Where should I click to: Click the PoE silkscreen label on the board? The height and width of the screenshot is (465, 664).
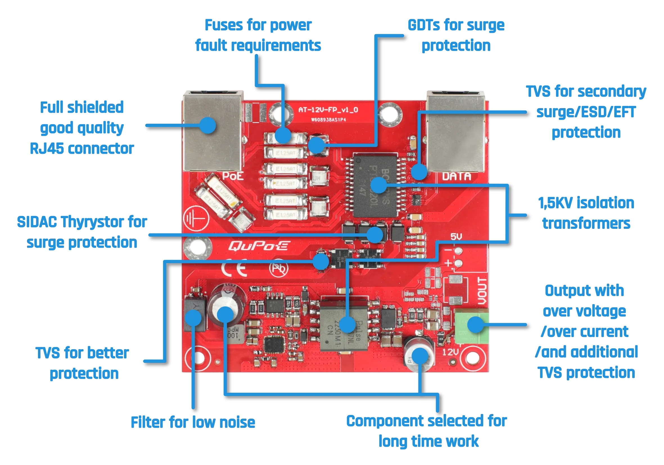coord(233,175)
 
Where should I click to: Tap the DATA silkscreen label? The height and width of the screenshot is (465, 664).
coord(456,176)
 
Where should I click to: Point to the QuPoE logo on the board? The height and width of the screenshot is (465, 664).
coord(258,246)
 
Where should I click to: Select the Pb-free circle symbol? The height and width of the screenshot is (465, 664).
coord(279,269)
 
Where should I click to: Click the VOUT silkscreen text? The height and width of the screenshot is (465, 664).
coord(482,291)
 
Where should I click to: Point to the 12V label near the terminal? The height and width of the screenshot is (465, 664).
coord(451,352)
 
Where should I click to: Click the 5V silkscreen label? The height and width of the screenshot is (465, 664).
coord(456,237)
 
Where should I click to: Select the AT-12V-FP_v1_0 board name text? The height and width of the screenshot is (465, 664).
coord(328,110)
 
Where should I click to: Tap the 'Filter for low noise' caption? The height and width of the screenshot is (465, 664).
coord(193,422)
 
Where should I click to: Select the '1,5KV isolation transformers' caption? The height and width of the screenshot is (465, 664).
coord(586,213)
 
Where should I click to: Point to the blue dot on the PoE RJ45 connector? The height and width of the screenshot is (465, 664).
coord(207,125)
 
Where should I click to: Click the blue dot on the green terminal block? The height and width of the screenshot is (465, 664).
coord(476,324)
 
